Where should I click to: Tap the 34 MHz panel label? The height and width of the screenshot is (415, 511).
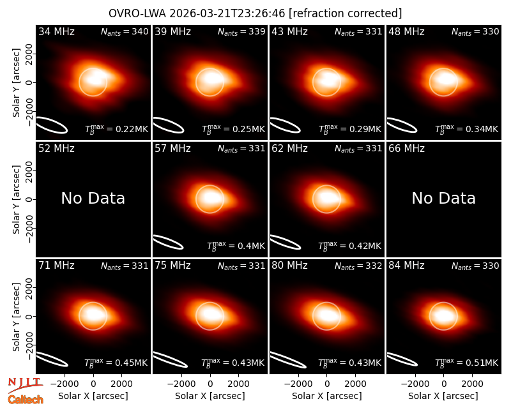(56, 31)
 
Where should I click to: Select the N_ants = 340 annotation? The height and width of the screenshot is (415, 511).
(125, 31)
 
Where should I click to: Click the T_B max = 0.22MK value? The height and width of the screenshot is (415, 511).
(116, 129)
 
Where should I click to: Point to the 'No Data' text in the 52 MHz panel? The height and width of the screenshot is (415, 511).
(93, 198)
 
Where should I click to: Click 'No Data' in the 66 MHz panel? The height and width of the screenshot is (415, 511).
(443, 198)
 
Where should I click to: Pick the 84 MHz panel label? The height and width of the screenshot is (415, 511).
(406, 266)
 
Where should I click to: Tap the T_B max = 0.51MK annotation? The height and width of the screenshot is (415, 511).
(467, 363)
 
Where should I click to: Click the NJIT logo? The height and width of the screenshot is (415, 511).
(26, 385)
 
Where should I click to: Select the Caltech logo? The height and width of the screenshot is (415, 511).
(26, 400)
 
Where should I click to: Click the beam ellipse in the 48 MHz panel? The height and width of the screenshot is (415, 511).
(402, 125)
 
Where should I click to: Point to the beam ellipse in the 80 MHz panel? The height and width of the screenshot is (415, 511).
(288, 360)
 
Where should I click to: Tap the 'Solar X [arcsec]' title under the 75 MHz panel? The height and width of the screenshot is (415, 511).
(210, 396)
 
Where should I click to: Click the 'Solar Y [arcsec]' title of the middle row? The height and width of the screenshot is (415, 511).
(16, 199)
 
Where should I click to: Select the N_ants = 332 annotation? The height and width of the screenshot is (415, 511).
(358, 266)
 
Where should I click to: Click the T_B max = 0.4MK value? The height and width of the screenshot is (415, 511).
(236, 246)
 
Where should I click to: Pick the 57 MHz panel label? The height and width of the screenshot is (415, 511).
(172, 149)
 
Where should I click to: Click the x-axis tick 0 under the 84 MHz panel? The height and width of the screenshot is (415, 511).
(443, 384)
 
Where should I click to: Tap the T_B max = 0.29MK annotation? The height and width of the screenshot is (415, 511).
(349, 129)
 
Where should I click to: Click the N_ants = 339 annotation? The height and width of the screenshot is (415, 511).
(241, 31)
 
